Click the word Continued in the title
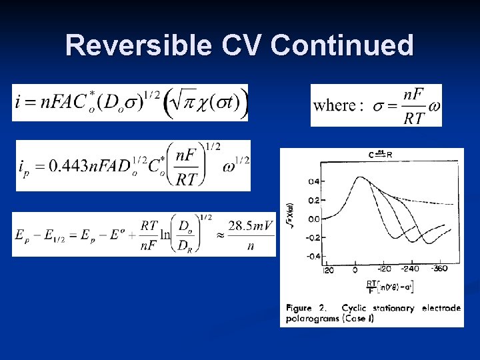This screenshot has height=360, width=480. pyautogui.click(x=343, y=45)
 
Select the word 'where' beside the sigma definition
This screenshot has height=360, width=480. pyautogui.click(x=334, y=106)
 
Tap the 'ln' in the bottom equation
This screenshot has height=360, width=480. pyautogui.click(x=165, y=234)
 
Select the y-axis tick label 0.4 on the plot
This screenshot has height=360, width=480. pyautogui.click(x=313, y=181)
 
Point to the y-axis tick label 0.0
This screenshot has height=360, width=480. pyautogui.click(x=313, y=219)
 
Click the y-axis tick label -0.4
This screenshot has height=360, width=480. pyautogui.click(x=312, y=256)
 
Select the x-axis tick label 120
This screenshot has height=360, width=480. pyautogui.click(x=327, y=271)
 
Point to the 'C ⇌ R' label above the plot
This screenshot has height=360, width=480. pyautogui.click(x=380, y=155)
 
